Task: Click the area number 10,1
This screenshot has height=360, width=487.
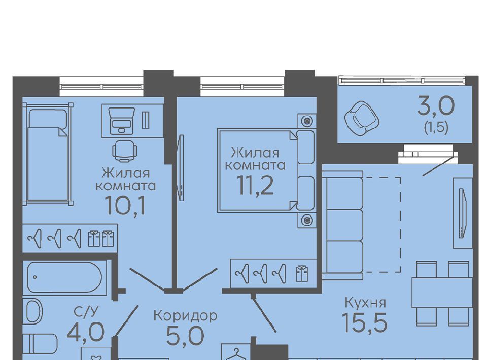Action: point(125,205)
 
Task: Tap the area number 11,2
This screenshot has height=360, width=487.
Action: point(255,185)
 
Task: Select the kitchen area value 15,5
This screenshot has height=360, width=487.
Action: point(365,322)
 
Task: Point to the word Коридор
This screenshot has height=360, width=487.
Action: point(186,316)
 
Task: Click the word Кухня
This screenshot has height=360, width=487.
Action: point(366,302)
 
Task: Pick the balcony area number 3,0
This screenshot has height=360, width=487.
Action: point(436,106)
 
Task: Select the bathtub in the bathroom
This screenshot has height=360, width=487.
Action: point(64,277)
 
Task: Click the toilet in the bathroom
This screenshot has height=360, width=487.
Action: point(41,344)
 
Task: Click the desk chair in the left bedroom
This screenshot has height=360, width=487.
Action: point(125,150)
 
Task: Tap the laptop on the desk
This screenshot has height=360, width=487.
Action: point(122,120)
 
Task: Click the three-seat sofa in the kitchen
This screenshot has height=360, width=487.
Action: point(342,225)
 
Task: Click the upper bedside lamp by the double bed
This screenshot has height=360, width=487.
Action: point(307,121)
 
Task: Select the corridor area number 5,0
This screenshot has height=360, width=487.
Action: point(186,336)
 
